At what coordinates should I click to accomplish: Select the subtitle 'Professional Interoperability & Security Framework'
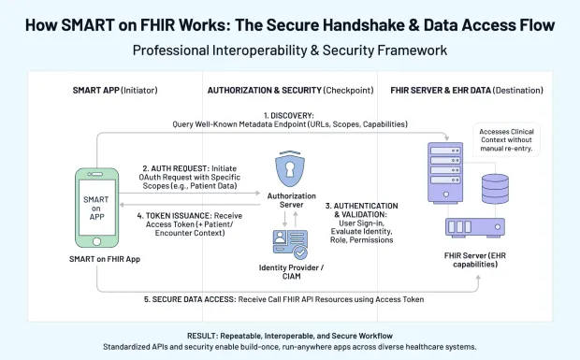coord(289,50)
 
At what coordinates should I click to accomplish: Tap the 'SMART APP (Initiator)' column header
coord(115,91)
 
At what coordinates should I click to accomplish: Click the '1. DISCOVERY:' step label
coord(289,113)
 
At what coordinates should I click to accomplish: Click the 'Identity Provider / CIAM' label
coord(290,273)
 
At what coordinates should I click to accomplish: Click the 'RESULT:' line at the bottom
coord(289,335)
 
